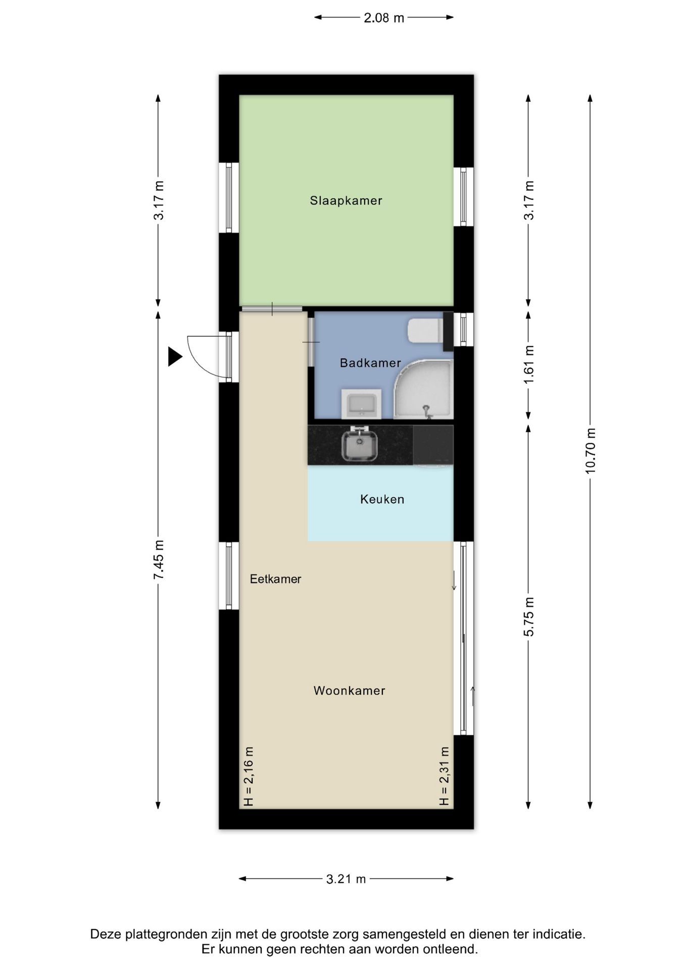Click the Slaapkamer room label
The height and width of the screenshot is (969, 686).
pos(346,201)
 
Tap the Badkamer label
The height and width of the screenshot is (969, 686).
pos(370,363)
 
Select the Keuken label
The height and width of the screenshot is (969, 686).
pos(382,499)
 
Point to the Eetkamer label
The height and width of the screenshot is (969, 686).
pos(275,579)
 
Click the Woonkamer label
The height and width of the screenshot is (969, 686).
pos(350,690)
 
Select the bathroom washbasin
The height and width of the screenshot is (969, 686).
pos(361,404)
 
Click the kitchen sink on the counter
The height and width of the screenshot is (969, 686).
pos(359,444)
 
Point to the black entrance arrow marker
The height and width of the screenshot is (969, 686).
pos(174,356)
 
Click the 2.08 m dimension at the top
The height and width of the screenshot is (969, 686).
pos(384,18)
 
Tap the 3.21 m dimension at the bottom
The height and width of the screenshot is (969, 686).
pos(346,879)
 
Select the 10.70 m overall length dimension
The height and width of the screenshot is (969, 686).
pos(590,451)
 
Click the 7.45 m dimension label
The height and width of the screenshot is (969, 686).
pos(159,559)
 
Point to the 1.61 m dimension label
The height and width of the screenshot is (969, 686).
pos(528,364)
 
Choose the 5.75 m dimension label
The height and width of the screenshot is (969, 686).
pos(528,616)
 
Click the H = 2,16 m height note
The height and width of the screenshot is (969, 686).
pos(248,776)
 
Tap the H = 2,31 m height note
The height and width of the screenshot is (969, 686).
pos(444,776)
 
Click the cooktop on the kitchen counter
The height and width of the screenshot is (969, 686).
pos(433,445)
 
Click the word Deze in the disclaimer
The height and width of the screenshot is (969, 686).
pos(106,934)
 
